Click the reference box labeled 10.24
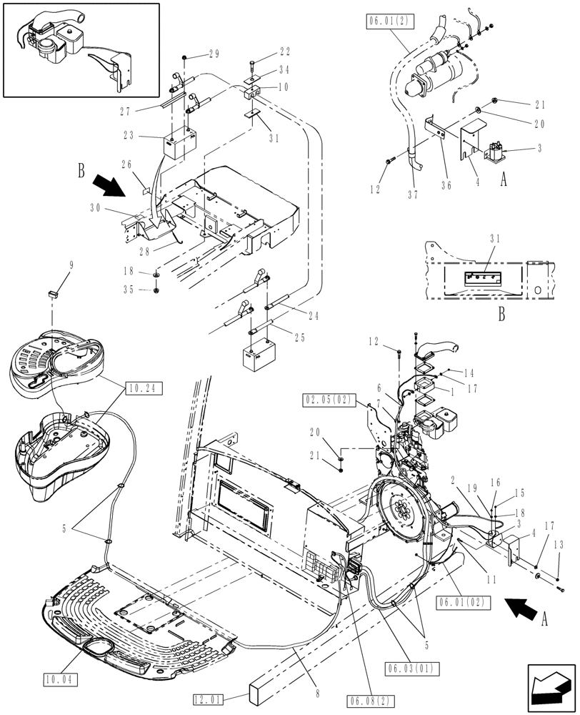pyautogui.click(x=144, y=388)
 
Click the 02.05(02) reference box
pyautogui.click(x=329, y=400)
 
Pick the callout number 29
pyautogui.click(x=214, y=55)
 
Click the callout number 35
pyautogui.click(x=128, y=290)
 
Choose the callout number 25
pyautogui.click(x=302, y=337)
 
